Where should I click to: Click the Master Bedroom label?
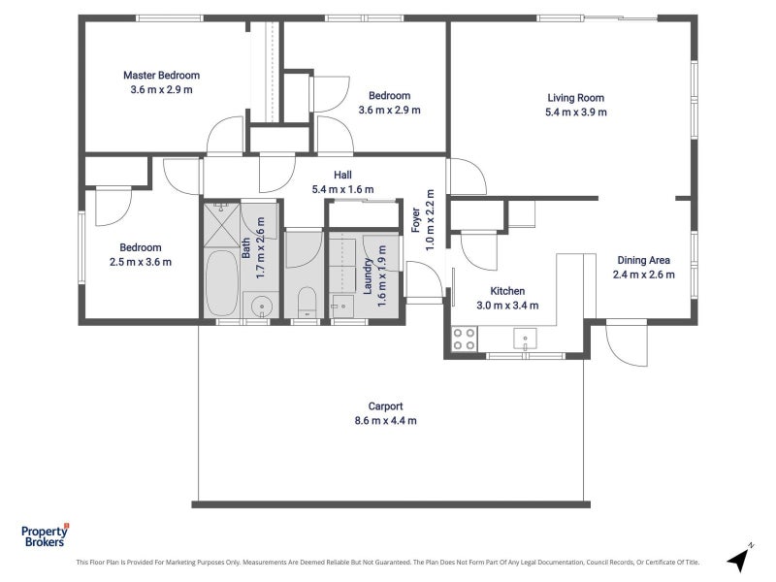161,76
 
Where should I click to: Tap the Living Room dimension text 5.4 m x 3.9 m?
575,113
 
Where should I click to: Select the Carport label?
385,406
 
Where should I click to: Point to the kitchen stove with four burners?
465,339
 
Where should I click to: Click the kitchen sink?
525,339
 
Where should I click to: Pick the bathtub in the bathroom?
222,282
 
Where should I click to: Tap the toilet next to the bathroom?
307,302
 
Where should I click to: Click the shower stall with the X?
222,225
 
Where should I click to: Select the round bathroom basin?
261,307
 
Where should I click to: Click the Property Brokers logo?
45,536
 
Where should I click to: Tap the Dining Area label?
643,260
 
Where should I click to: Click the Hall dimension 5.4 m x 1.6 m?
343,189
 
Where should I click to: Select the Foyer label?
416,220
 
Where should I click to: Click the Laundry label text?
368,276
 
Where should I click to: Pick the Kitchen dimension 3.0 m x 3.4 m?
507,306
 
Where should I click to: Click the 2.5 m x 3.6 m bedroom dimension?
141,262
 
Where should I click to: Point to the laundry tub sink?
342,307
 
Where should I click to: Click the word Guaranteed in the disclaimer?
395,563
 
